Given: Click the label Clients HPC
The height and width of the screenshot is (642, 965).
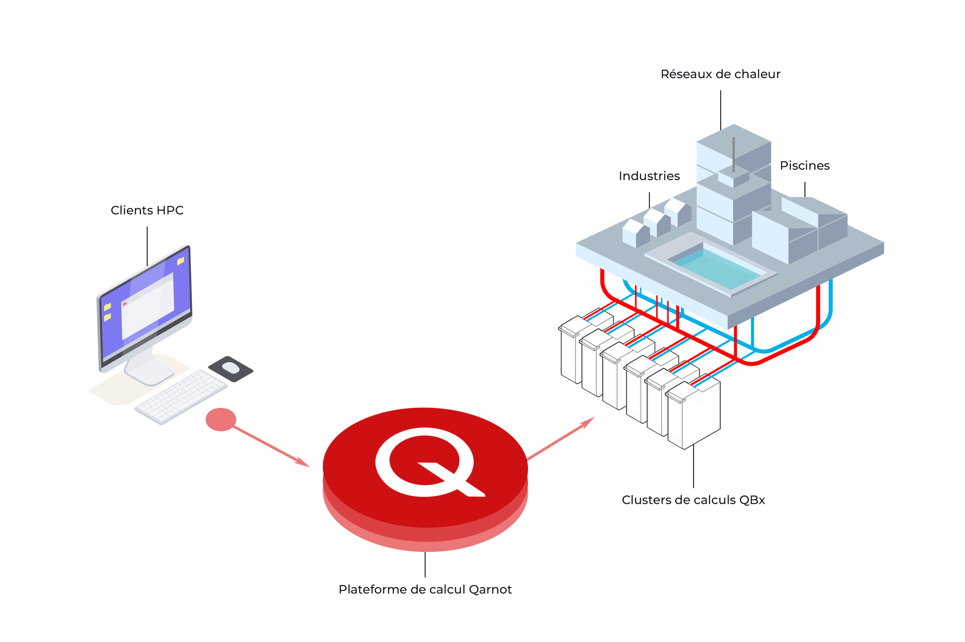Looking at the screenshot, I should coord(147,211).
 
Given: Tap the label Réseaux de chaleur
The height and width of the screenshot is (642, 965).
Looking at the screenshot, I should coord(720,74).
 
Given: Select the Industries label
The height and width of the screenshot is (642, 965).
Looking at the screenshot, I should coord(649,176).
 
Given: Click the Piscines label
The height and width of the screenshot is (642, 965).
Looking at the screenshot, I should coord(805,166).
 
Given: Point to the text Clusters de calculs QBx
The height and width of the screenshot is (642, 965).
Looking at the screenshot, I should coord(693,500).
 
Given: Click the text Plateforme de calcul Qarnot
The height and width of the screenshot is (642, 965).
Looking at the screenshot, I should coord(425,590).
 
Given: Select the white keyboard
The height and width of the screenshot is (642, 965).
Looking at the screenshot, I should coord(180,396).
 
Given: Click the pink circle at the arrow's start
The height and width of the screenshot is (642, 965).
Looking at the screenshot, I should coord(221,420).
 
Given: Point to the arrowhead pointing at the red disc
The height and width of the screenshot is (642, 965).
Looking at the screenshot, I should coord(303,463).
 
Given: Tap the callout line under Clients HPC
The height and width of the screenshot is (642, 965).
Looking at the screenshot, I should coord(147,246).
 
